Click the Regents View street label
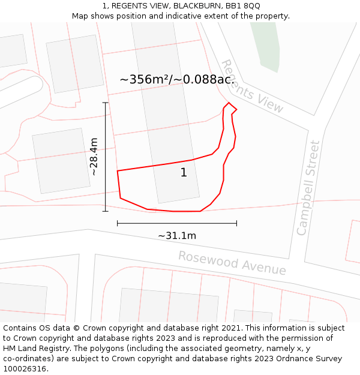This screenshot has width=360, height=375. coord(252,86)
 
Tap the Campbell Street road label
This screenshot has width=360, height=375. coord(309,187)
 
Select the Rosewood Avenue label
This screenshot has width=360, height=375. coord(232,263)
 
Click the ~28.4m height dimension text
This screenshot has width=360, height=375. coord(94,157)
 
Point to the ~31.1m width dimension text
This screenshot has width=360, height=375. coord(177,236)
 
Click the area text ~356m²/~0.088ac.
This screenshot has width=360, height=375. coord(177,79)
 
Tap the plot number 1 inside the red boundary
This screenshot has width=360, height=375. coord(184,173)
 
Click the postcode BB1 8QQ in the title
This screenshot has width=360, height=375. coord(243,5)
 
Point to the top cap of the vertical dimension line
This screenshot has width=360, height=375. coord(106,103)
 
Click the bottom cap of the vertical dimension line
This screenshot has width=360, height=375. coord(106,211)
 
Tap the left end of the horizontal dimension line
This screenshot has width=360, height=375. coord(118,223)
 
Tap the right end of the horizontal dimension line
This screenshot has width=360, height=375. coord(236,223)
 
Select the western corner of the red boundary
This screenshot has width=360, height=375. coord(118,171)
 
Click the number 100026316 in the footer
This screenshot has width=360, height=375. coord(25,369)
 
